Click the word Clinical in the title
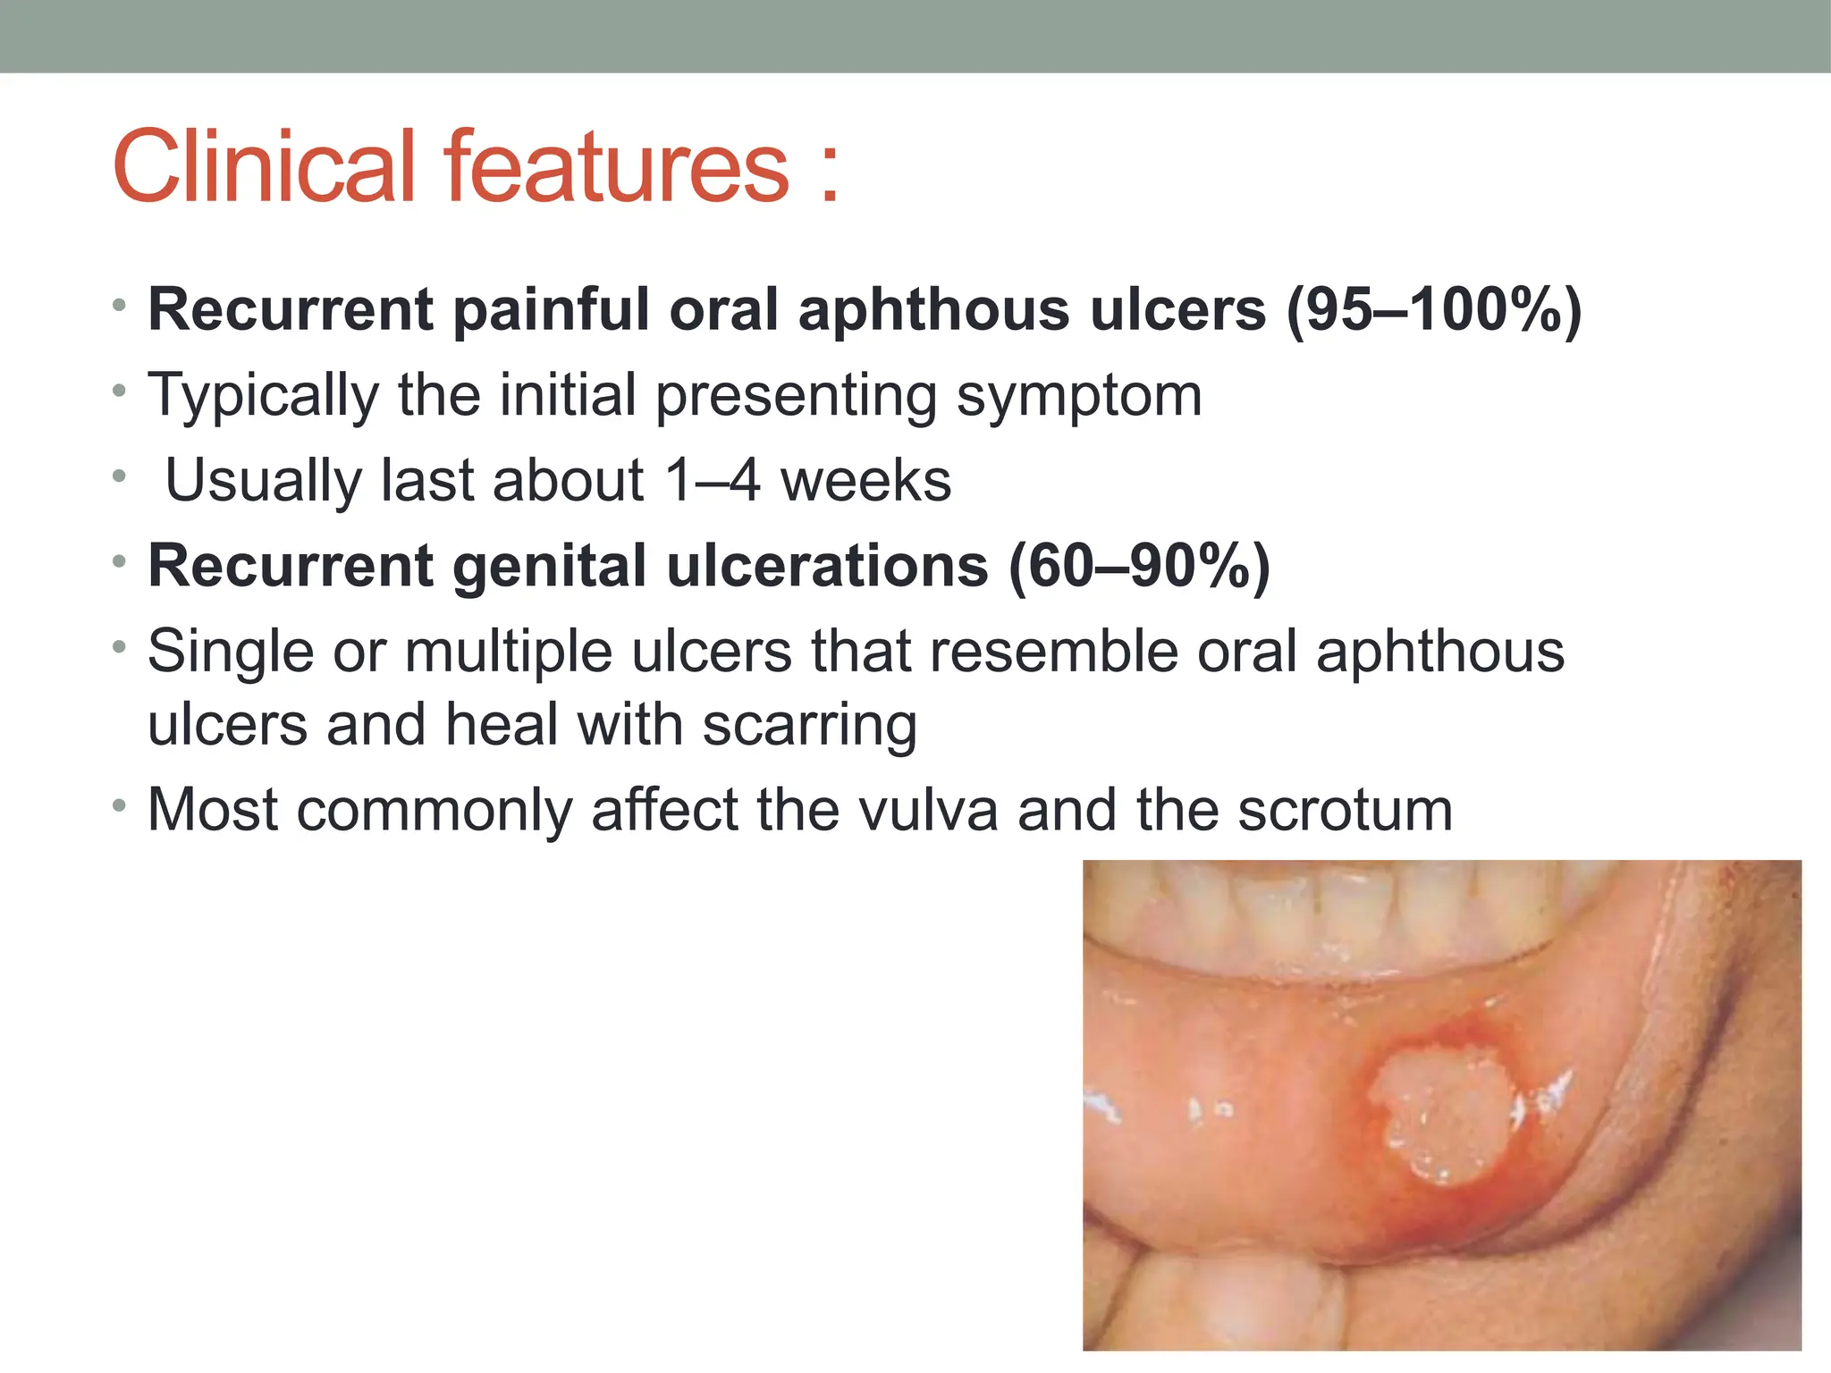tap(265, 167)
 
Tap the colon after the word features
tap(830, 170)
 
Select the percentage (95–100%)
tap(1433, 310)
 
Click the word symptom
tap(1079, 395)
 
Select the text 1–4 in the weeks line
tap(713, 481)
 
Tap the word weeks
tap(865, 481)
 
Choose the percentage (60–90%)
tap(1139, 566)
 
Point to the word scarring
tap(809, 724)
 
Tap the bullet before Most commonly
tap(120, 806)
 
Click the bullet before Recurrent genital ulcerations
tap(120, 562)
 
